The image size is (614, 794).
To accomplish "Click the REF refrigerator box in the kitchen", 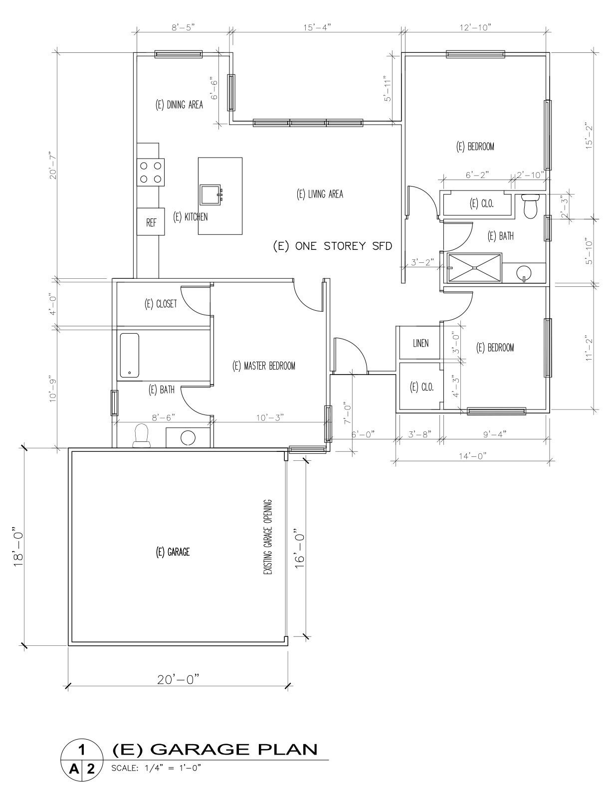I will tap(151, 222).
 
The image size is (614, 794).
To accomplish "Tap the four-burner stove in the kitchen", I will tap(151, 172).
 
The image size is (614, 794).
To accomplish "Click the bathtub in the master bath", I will tap(129, 355).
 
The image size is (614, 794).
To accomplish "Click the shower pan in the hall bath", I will tap(474, 267).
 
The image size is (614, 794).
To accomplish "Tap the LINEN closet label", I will tap(420, 343).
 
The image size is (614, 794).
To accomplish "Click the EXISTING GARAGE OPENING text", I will tap(268, 537).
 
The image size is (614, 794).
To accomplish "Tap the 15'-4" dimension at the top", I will tap(317, 28).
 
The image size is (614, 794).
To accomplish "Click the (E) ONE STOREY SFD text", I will tap(333, 246).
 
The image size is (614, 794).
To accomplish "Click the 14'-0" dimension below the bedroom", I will tap(473, 455).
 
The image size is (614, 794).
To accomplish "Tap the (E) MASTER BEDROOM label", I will tap(264, 366).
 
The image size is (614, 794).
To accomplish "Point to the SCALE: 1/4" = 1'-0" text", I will tap(155, 768).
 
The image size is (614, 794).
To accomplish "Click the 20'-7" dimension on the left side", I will tap(53, 166).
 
